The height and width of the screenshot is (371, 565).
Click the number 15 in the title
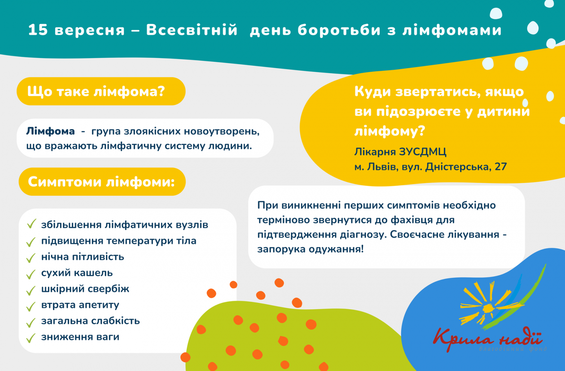[x=38, y=30]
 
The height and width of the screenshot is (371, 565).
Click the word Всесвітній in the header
[x=192, y=30]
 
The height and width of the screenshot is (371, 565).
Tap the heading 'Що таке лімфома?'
[x=96, y=91]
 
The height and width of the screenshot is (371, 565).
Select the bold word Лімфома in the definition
[x=50, y=131]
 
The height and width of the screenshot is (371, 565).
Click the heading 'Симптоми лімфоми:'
[x=101, y=181]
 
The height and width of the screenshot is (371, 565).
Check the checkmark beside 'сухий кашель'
[x=31, y=274]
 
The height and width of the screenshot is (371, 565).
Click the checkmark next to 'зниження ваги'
[x=31, y=338]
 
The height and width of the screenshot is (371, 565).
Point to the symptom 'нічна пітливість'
[x=83, y=257]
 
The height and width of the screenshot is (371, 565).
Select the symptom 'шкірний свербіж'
[x=85, y=289]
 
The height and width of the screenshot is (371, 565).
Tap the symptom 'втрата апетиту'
[x=80, y=305]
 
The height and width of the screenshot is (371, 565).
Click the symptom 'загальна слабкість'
[x=90, y=321]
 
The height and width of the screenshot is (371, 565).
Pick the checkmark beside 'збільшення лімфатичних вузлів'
[x=31, y=224]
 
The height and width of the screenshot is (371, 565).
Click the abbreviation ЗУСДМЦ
[x=423, y=152]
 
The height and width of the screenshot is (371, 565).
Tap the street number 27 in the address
[x=501, y=167]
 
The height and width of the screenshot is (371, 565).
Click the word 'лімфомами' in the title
[x=452, y=30]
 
